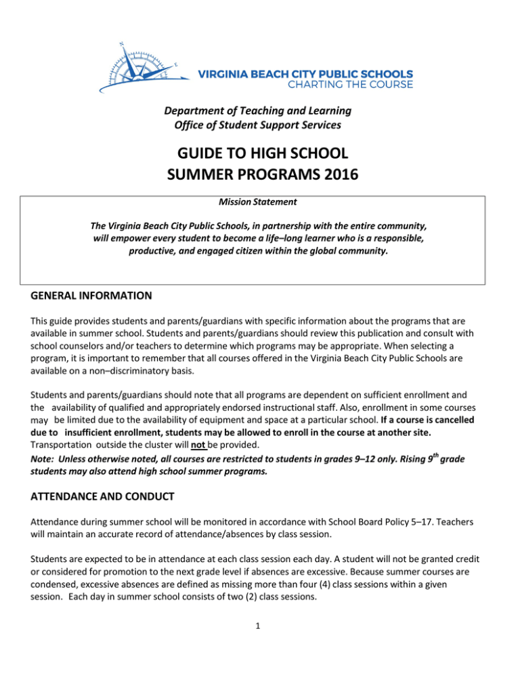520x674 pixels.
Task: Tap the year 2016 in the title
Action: coord(337,178)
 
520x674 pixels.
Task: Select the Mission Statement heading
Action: coord(260,203)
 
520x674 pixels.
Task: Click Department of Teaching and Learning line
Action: coord(260,110)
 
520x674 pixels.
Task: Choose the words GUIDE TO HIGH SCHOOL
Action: coord(260,155)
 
